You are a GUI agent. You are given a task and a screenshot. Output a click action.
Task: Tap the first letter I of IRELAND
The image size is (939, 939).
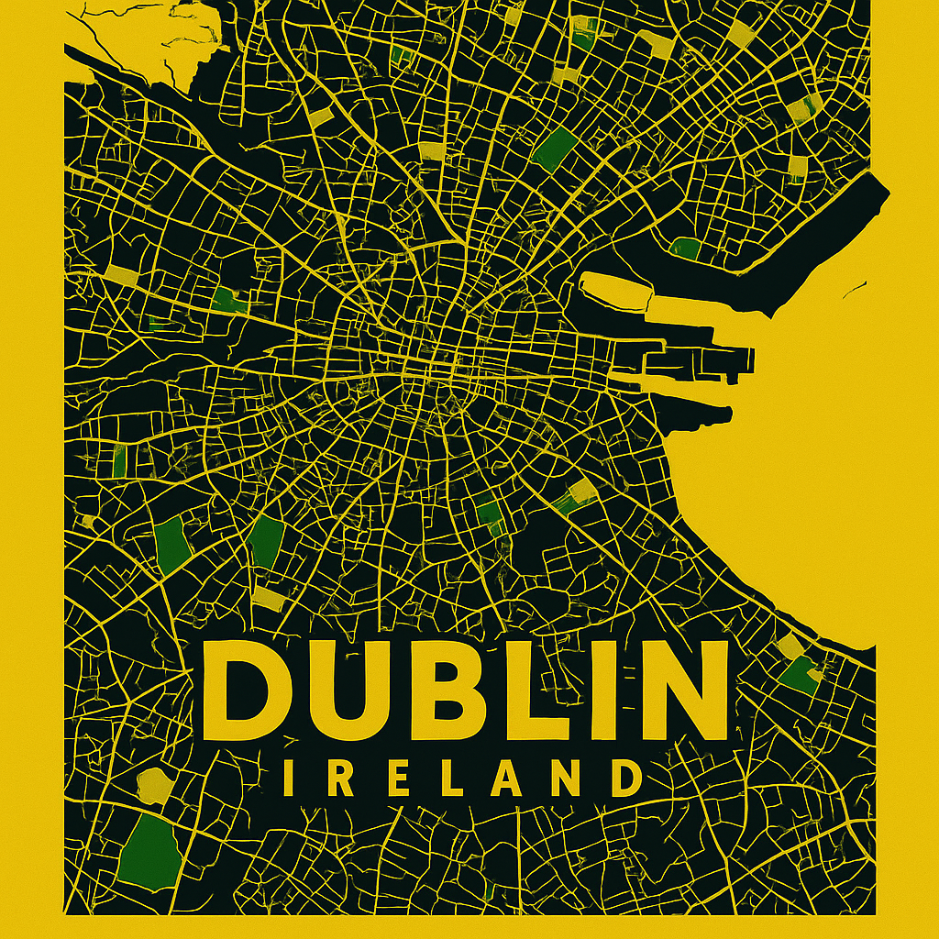290,779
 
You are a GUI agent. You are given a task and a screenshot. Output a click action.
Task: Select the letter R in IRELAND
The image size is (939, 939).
342,779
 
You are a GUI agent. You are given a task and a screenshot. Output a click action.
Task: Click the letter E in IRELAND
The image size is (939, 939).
396,779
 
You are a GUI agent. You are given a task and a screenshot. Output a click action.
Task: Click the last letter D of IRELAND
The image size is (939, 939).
625,779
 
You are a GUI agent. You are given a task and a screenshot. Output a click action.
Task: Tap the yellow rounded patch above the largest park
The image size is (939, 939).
154,786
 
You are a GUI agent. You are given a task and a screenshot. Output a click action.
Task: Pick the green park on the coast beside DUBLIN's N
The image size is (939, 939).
801,674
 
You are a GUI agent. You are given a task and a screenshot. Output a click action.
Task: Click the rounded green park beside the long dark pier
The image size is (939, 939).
684,247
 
